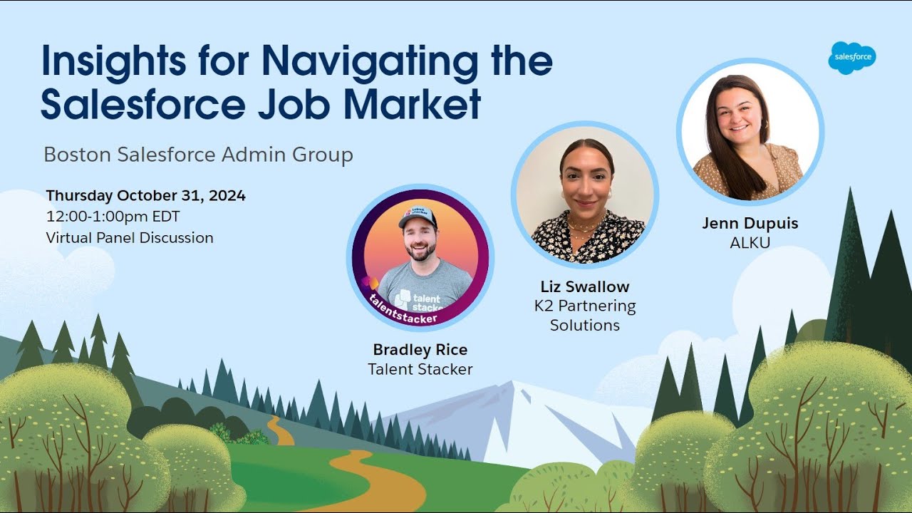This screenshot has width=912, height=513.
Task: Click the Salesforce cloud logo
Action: click(851, 58)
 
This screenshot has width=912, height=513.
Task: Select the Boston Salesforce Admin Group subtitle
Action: click(198, 155)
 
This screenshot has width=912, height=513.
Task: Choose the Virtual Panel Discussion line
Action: click(130, 238)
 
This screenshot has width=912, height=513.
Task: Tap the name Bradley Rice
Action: click(420, 350)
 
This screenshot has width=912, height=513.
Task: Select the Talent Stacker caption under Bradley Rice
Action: click(420, 369)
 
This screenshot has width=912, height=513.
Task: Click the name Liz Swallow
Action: click(585, 287)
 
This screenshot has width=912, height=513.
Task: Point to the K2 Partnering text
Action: click(585, 306)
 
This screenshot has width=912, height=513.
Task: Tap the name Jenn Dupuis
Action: click(750, 224)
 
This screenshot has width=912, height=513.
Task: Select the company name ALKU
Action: click(750, 243)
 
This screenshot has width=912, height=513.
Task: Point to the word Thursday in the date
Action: click(80, 196)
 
